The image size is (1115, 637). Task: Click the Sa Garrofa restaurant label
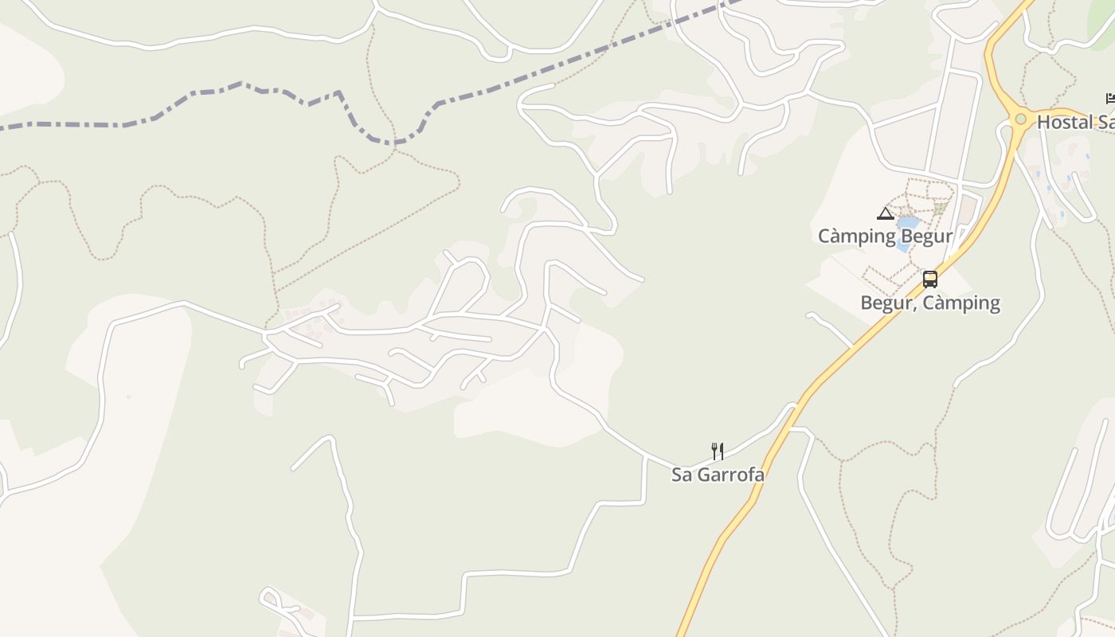(x=718, y=475)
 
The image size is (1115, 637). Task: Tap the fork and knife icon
(x=718, y=451)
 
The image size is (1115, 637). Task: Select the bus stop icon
(x=930, y=279)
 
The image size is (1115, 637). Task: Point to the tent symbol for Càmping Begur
(x=885, y=213)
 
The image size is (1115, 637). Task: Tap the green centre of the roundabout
(x=1020, y=119)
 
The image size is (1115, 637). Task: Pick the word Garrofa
(x=731, y=475)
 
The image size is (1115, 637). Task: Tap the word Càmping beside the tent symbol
(x=858, y=236)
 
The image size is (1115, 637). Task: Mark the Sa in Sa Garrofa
(x=683, y=475)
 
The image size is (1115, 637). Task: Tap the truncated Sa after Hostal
(x=1105, y=122)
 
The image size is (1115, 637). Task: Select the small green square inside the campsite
(x=940, y=208)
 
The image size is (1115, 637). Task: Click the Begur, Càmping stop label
(x=930, y=303)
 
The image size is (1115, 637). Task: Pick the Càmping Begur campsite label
(x=885, y=236)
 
